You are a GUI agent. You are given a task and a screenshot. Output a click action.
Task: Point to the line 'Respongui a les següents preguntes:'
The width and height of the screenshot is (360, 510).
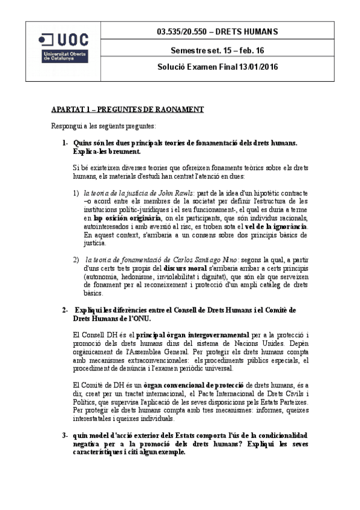pyautogui.click(x=103, y=126)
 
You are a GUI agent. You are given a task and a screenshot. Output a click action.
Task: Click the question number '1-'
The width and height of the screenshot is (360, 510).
pyautogui.click(x=65, y=143)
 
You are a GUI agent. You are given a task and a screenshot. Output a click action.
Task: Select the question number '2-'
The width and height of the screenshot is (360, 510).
pyautogui.click(x=65, y=310)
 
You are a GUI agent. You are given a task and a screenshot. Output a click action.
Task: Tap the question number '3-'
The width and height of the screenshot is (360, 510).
pyautogui.click(x=65, y=434)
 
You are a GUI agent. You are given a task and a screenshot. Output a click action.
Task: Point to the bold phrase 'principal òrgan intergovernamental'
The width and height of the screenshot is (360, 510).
pyautogui.click(x=189, y=334)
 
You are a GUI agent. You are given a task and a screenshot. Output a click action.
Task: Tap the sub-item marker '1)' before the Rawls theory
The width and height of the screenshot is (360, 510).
pyautogui.click(x=76, y=192)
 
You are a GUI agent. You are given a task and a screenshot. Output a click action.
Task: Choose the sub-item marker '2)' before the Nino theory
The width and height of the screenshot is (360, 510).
pyautogui.click(x=76, y=260)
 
